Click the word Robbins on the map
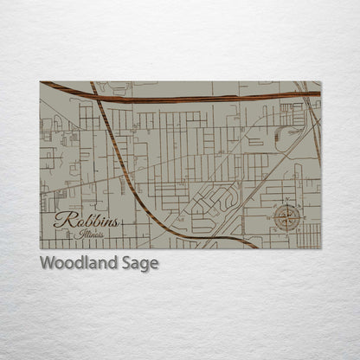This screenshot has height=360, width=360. point(86,222)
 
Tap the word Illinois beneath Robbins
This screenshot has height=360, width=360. point(87,235)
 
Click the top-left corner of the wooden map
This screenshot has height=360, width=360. point(41,81)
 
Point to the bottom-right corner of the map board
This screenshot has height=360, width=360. point(320,248)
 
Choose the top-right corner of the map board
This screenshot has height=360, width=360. point(320,81)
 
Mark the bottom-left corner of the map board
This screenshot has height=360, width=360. point(41,248)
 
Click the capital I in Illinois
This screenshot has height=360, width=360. point(76,234)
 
